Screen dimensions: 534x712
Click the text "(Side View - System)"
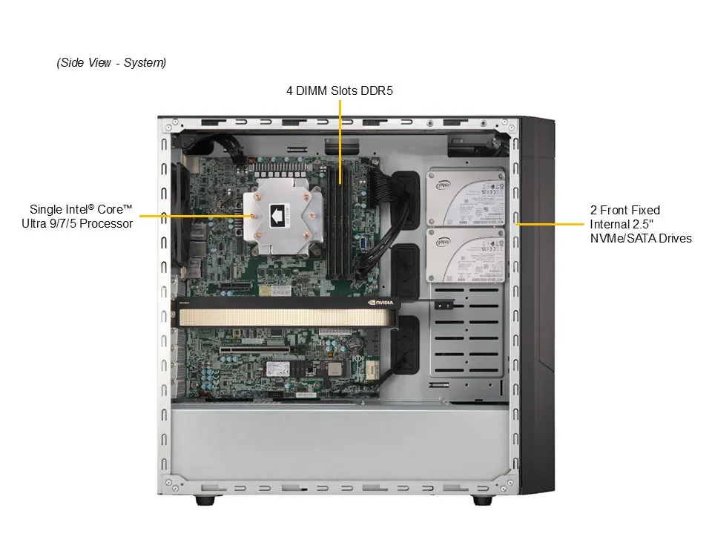[x=111, y=63]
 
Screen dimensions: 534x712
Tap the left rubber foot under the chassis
[x=204, y=501]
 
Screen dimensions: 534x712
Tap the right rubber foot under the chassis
[x=482, y=501]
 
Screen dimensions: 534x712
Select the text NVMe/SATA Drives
[x=640, y=238]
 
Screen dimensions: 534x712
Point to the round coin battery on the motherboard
[x=355, y=343]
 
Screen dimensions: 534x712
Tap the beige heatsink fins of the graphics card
[x=286, y=317]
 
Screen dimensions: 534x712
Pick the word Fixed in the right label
[x=644, y=210]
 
